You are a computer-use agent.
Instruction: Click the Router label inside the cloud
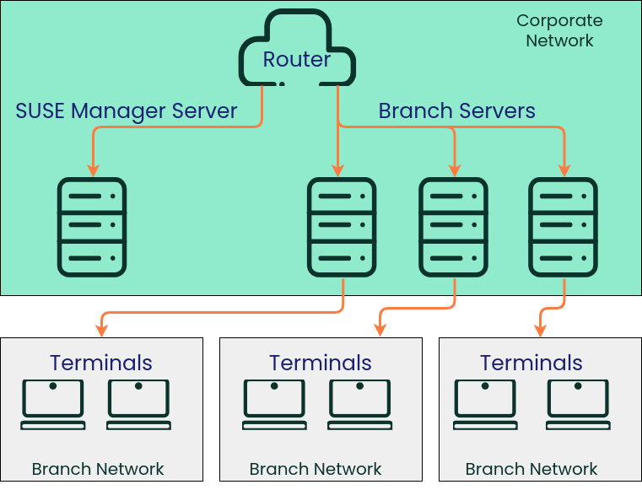297,59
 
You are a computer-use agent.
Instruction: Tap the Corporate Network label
559,30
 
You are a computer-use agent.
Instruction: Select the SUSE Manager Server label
127,110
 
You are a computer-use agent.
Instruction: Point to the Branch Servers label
456,110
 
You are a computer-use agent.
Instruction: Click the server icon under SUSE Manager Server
91,227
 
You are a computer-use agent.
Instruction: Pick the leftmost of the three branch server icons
342,227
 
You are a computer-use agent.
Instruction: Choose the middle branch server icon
454,227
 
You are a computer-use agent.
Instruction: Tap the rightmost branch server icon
563,227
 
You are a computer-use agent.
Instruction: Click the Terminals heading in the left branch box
101,363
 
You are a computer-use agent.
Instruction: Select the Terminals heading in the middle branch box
321,363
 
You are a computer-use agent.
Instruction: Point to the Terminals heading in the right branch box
531,363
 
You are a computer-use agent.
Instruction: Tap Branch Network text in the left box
98,469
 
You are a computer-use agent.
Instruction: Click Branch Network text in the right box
531,469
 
